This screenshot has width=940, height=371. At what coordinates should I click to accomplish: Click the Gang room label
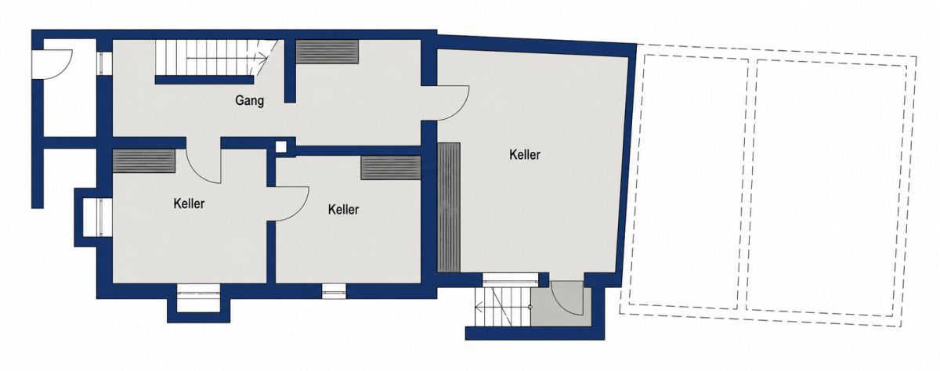click(250, 101)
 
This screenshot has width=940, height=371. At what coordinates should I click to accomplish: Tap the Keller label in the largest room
click(525, 155)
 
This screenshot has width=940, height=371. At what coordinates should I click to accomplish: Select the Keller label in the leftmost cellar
click(190, 204)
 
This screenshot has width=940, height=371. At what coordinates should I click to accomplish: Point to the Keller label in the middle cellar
click(344, 210)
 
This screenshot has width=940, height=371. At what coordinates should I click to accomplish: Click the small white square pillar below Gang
click(281, 146)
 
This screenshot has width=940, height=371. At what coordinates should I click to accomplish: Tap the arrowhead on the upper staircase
click(263, 59)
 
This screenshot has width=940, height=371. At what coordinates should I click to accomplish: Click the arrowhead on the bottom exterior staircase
click(478, 308)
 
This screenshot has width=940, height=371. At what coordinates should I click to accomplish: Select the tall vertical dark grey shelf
click(449, 207)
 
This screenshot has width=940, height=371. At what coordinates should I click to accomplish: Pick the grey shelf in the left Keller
click(144, 161)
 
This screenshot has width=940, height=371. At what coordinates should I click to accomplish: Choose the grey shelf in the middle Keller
click(391, 168)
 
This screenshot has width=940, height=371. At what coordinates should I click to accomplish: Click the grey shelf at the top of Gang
click(327, 52)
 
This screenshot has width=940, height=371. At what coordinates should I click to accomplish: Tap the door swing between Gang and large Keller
click(454, 103)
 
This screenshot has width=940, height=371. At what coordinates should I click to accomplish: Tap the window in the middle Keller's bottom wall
click(334, 291)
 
